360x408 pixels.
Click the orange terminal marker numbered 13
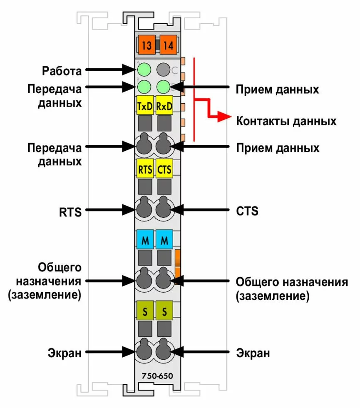146,45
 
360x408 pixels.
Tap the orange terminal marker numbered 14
169,45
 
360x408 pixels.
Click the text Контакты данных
286,121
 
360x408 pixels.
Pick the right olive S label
164,311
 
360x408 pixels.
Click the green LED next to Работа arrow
144,70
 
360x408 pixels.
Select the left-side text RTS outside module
70,211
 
